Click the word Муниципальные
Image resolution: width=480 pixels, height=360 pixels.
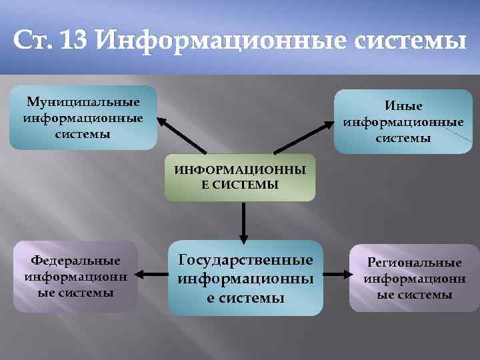(83, 102)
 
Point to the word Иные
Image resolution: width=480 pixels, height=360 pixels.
(403, 106)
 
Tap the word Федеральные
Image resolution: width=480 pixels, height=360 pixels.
(76, 260)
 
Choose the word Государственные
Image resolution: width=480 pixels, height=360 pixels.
(245, 259)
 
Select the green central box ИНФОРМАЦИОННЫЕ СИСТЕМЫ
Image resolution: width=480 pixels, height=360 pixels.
(240, 177)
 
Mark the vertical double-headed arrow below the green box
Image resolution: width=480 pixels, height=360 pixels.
(244, 220)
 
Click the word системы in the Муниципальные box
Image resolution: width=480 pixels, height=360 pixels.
(84, 134)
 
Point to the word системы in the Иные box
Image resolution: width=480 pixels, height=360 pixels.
(403, 139)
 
